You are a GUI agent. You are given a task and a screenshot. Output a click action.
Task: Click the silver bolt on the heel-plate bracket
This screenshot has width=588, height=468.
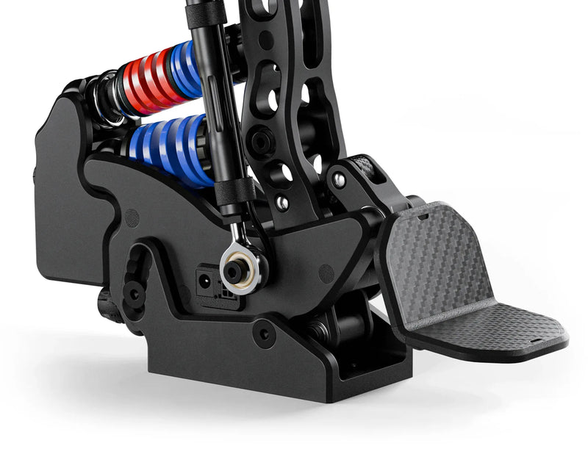coord(339,179)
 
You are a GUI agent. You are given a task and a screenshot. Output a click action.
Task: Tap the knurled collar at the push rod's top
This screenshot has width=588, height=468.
coord(196,14)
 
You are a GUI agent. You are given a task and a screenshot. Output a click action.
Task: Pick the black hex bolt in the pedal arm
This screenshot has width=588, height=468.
coord(259,139)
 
